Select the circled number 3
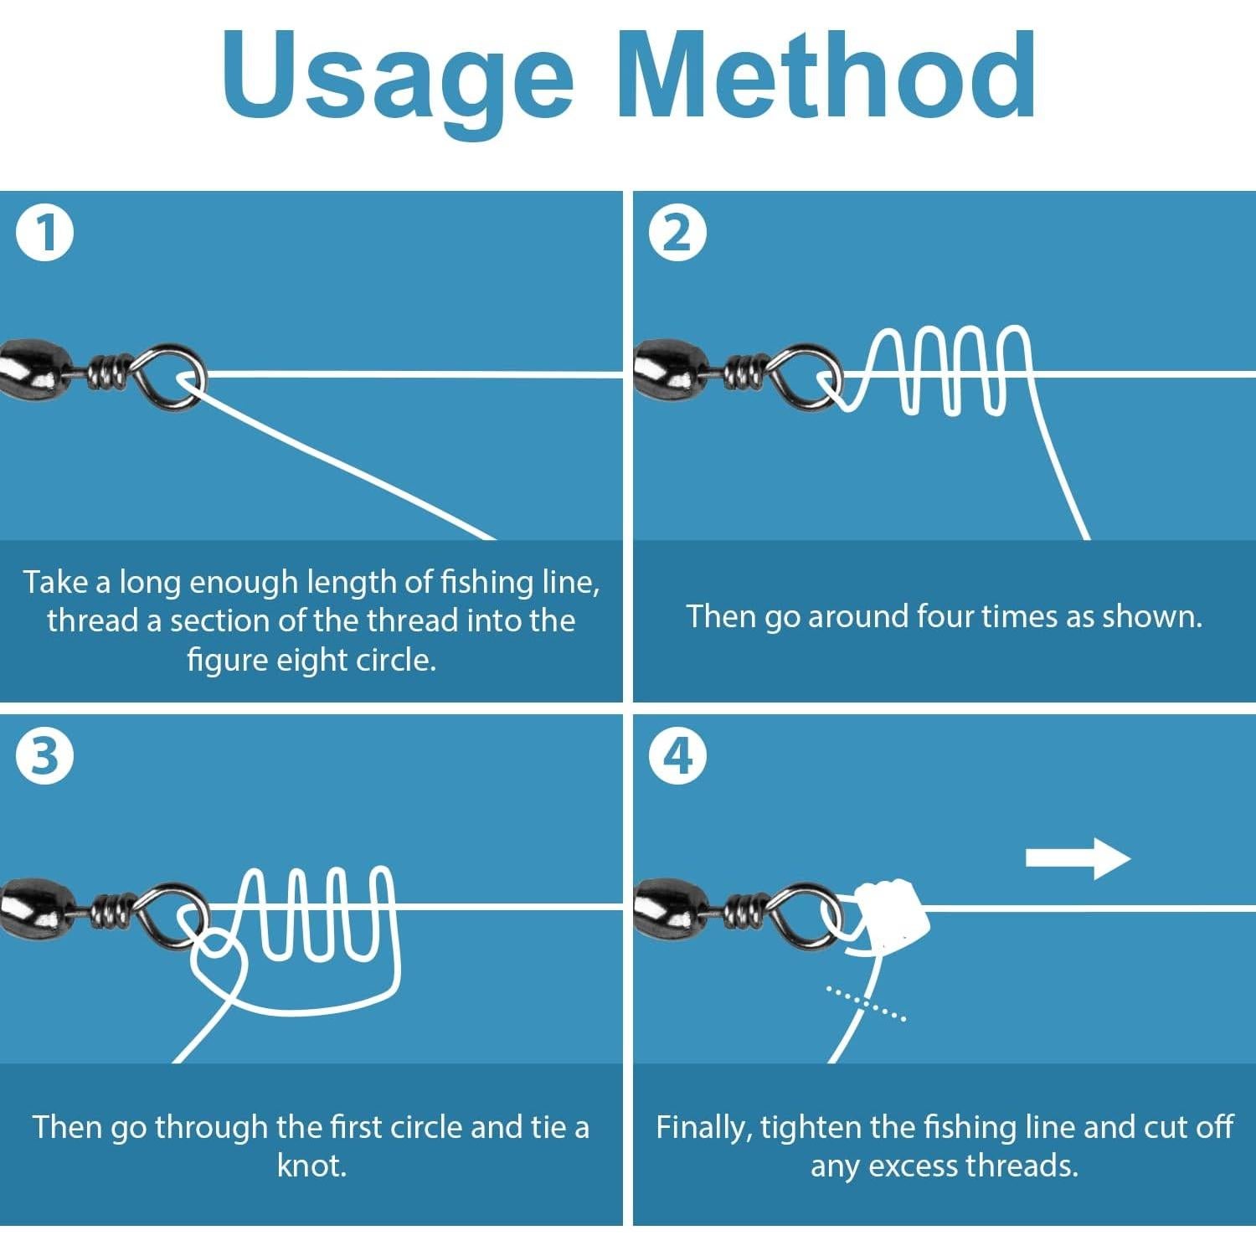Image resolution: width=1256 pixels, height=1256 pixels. [x=45, y=755]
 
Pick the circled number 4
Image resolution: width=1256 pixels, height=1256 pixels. [x=678, y=755]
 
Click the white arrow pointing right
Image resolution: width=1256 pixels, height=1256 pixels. [x=1078, y=858]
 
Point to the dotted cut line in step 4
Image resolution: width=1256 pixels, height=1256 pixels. [x=866, y=1003]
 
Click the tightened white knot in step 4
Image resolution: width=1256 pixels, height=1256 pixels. [x=891, y=912]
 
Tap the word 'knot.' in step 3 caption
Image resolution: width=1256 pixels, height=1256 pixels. [x=311, y=1166]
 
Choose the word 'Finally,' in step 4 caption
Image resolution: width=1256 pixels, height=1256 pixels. [x=704, y=1128]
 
